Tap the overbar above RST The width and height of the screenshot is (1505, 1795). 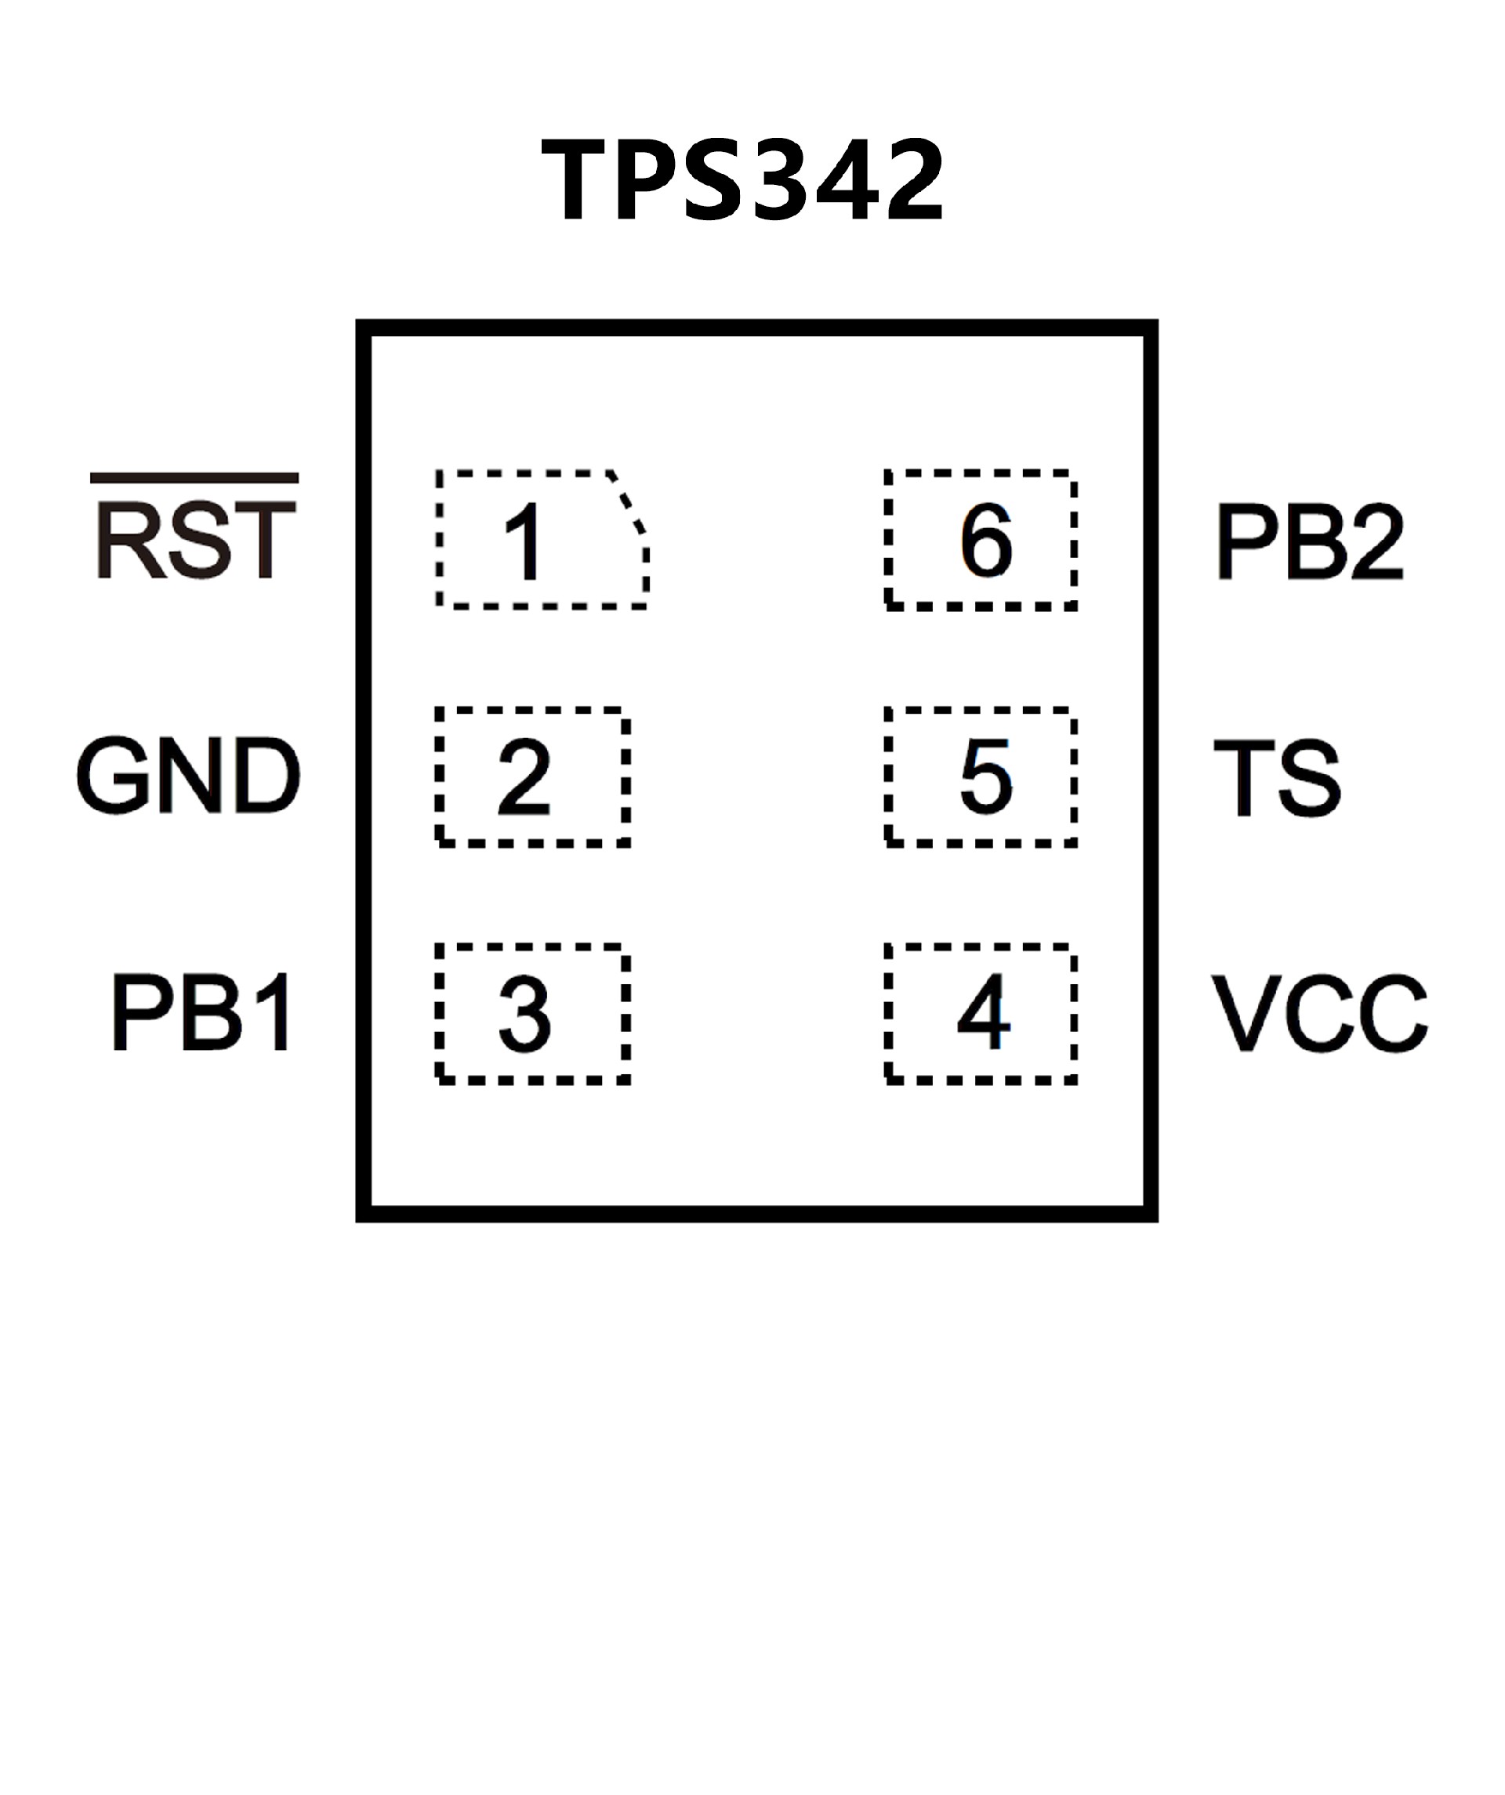(x=194, y=478)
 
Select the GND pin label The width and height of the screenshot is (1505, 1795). (x=188, y=775)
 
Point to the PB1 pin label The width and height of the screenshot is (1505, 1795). (x=203, y=1012)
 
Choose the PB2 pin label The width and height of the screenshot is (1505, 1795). (x=1309, y=542)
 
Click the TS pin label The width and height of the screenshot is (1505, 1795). (x=1277, y=778)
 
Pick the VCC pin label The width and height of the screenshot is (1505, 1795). (x=1319, y=1014)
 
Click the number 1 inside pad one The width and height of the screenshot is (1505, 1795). (x=524, y=542)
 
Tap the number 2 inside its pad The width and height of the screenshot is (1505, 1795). (x=524, y=777)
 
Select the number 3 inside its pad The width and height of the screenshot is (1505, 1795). (x=524, y=1015)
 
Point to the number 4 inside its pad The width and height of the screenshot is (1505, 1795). (x=984, y=1013)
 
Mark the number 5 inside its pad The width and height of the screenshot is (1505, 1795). (x=986, y=776)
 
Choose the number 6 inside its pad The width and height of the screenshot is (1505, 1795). (x=986, y=540)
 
